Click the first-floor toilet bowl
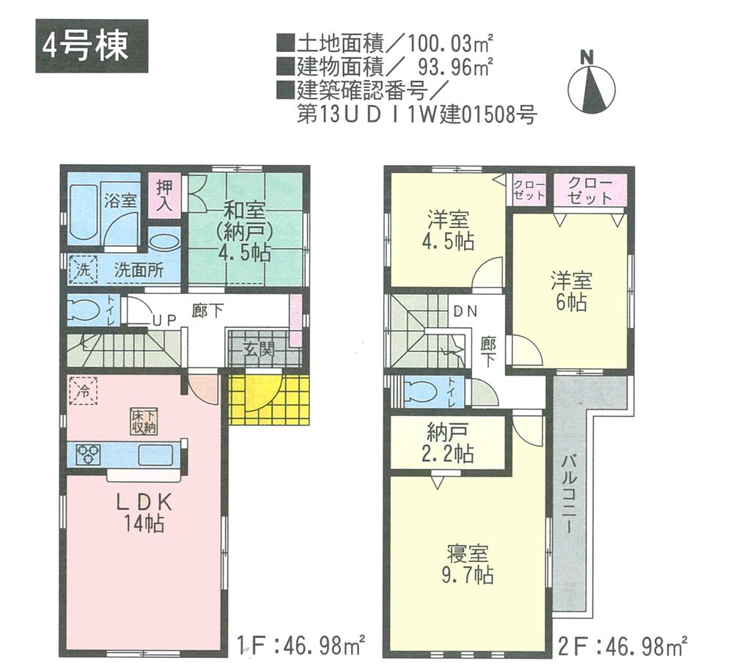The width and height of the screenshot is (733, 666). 83,310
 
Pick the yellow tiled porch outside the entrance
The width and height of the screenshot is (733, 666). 268,400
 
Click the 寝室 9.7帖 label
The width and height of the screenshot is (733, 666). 469,563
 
